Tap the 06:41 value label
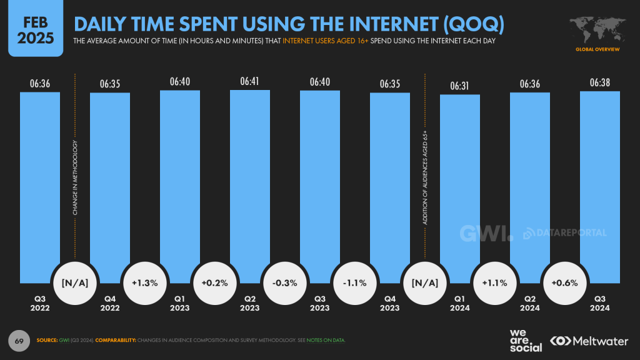point(250,81)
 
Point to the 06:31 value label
point(460,86)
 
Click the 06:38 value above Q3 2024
point(600,82)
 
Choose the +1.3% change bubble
point(145,282)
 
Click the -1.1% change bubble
point(355,282)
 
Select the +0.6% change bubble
point(565,282)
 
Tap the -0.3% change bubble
point(285,282)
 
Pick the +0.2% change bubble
point(215,282)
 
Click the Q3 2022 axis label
point(40,302)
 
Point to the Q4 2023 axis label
point(390,302)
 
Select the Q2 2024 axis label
point(530,302)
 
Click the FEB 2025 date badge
point(36,29)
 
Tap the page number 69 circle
point(19,340)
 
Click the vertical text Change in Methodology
point(75,178)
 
